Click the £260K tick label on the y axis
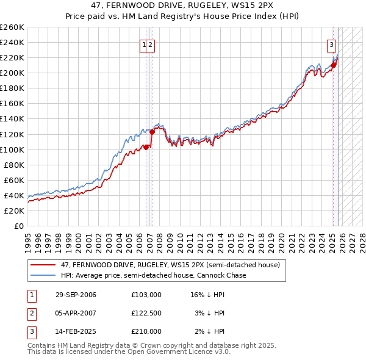12,27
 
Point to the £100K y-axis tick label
12,149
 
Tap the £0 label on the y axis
18,226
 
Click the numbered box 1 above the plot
145,44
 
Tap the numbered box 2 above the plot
151,44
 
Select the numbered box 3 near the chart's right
331,44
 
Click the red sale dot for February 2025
333,65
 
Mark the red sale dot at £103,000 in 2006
147,147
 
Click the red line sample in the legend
43,265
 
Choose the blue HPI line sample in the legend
43,275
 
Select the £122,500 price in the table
146,313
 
